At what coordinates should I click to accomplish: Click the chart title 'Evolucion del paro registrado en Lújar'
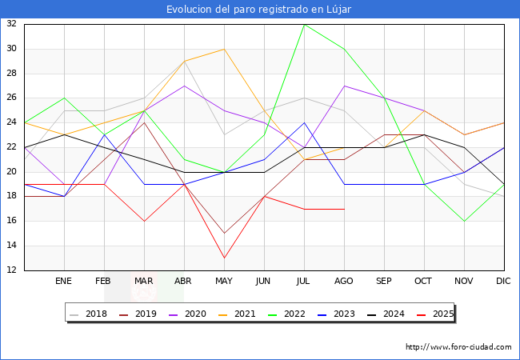point(259,9)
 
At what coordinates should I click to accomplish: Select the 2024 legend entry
point(386,314)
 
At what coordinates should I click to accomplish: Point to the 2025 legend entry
point(435,314)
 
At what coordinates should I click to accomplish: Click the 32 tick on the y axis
point(11,24)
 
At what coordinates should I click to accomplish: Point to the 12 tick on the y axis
point(11,270)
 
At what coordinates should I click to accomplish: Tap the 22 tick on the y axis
point(11,147)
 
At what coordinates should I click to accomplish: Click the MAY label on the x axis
point(224,282)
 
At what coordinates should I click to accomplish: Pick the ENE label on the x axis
point(64,282)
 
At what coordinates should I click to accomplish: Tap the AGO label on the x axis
point(344,282)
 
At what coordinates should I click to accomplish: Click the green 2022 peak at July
point(304,24)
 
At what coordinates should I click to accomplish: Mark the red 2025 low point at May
point(224,258)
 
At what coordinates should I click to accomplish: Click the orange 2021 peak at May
point(224,49)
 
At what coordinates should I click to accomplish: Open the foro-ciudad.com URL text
point(458,347)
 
